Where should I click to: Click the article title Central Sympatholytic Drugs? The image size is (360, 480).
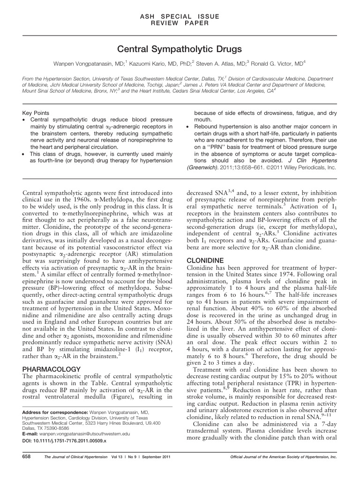coord(180,48)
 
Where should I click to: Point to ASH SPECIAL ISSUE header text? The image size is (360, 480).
coord(180,16)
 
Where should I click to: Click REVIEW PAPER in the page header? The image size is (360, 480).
coord(180,23)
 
